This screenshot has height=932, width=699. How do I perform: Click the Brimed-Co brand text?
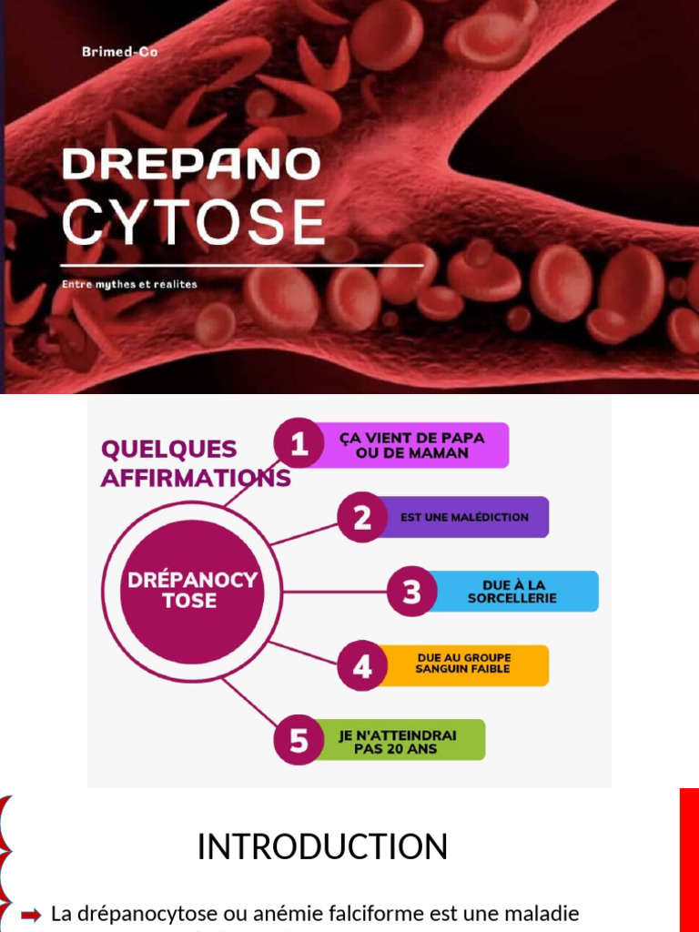[x=119, y=53]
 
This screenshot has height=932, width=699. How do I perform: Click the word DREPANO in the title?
[x=191, y=164]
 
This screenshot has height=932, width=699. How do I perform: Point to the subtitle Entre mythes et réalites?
[x=129, y=284]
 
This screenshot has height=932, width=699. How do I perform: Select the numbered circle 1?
[x=299, y=443]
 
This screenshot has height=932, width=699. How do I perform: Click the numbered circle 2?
[x=362, y=517]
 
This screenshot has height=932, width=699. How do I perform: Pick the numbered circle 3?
[x=411, y=592]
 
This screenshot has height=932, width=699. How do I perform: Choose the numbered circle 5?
[x=299, y=740]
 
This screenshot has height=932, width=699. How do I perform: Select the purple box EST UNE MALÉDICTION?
[x=464, y=517]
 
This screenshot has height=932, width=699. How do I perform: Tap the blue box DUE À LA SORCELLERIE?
[x=512, y=592]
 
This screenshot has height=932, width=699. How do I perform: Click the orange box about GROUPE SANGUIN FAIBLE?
[x=463, y=664]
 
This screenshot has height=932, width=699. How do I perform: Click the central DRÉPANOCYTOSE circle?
[x=191, y=591]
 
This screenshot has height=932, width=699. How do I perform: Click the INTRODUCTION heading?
[x=322, y=846]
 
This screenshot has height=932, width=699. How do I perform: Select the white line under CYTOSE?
[x=242, y=266]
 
